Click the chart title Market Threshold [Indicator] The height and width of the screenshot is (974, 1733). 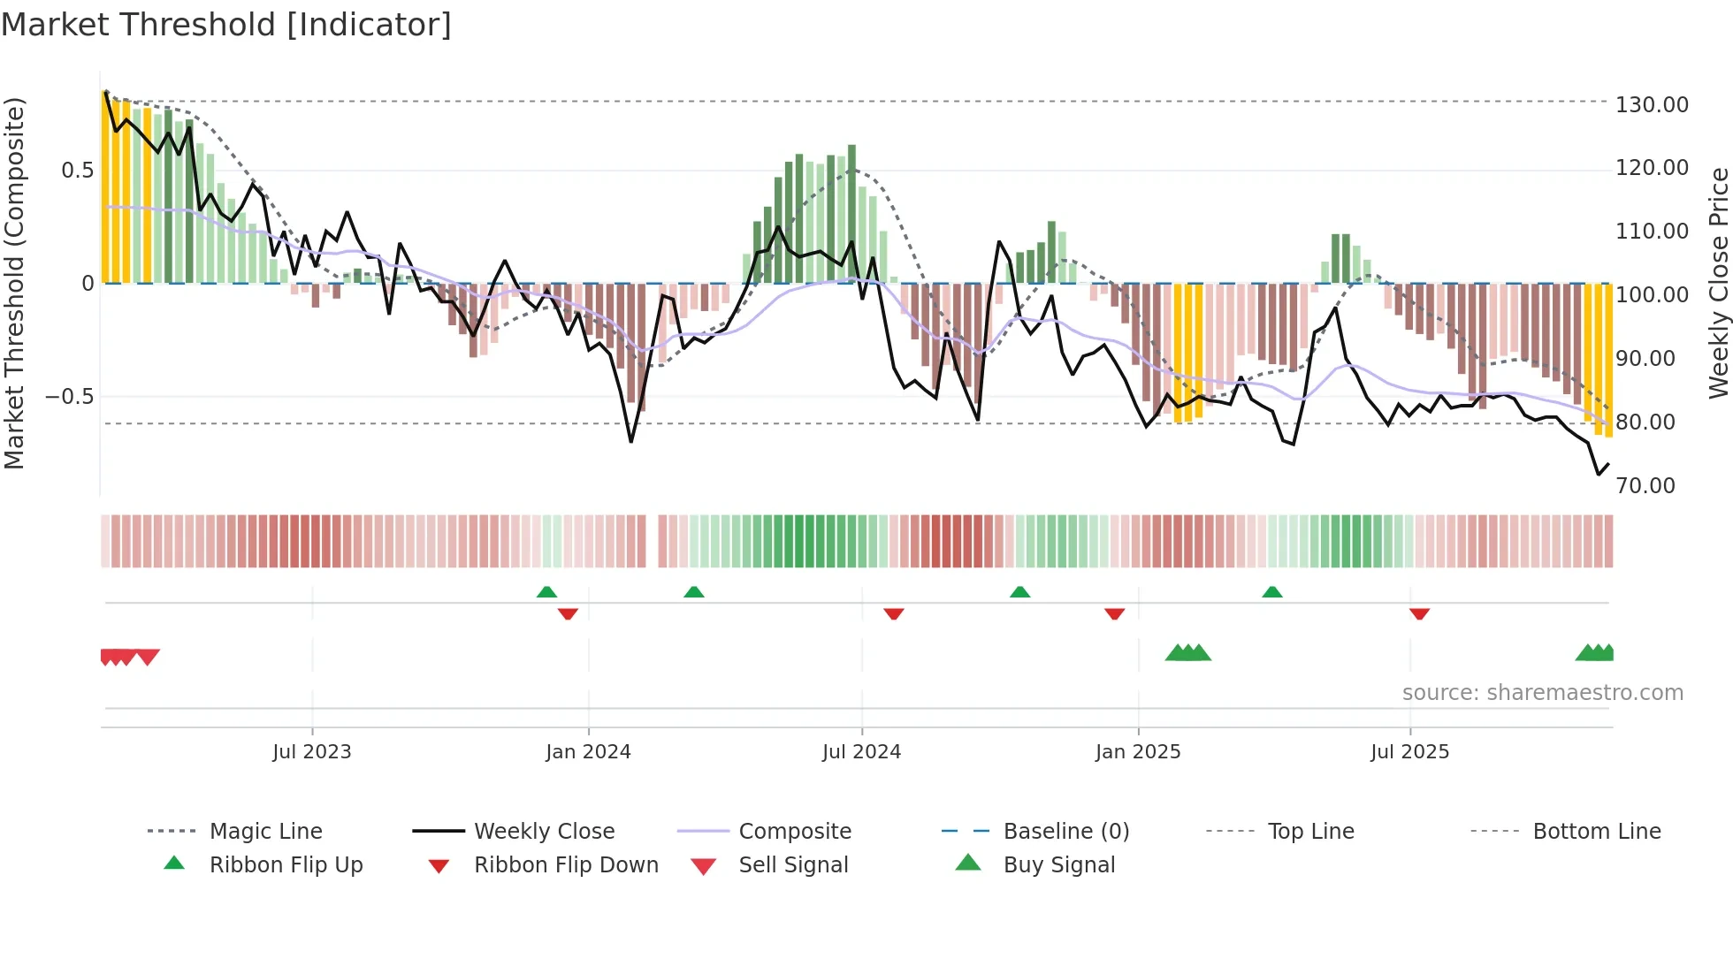click(226, 25)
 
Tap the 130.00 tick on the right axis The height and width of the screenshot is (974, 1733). click(1652, 104)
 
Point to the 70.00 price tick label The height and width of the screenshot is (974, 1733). click(1645, 485)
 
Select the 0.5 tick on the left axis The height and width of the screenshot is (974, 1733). click(78, 170)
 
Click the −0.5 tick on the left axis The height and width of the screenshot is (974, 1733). click(70, 396)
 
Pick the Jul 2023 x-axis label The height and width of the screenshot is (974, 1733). click(311, 752)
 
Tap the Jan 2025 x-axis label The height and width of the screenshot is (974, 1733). click(1137, 752)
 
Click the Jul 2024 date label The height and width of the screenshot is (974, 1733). click(861, 752)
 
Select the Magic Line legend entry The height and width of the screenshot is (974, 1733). click(265, 832)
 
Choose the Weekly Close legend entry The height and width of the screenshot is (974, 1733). click(544, 832)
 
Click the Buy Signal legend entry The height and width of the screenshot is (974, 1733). click(1058, 865)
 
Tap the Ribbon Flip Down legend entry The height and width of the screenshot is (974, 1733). click(566, 865)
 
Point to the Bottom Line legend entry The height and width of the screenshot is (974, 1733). click(1596, 832)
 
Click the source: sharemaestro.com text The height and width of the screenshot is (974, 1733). click(1542, 693)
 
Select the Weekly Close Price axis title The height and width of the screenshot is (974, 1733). click(1718, 283)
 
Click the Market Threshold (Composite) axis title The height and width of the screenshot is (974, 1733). click(14, 283)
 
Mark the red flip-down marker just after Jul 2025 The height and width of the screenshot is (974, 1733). click(1419, 613)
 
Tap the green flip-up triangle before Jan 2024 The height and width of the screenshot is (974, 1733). click(547, 592)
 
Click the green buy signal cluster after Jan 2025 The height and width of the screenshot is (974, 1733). click(1187, 653)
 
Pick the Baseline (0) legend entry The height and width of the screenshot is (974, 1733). click(1065, 832)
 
